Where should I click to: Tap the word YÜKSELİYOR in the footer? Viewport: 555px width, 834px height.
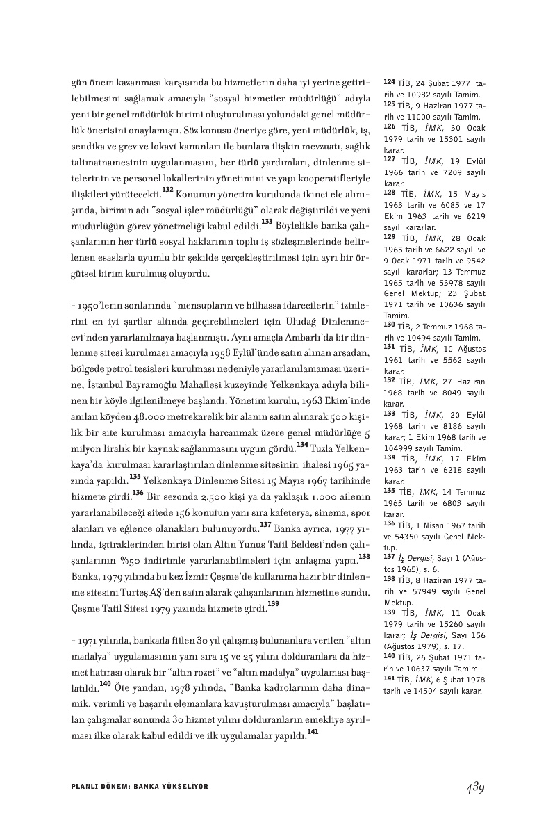[183, 786]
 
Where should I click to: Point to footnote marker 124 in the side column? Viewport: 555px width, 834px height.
[388, 81]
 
